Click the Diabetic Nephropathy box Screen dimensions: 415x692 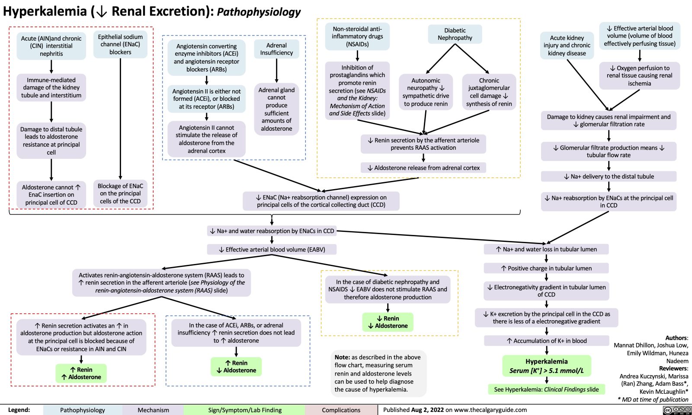tap(455, 34)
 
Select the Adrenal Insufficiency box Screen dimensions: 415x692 tap(276, 49)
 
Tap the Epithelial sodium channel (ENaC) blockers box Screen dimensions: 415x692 tap(120, 45)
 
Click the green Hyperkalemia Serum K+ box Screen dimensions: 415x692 tap(547, 366)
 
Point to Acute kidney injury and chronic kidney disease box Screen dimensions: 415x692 tap(567, 45)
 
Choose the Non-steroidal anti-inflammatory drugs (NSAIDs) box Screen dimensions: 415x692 tap(357, 36)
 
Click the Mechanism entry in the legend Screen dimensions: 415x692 tap(153, 410)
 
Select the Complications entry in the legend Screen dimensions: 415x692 tap(341, 410)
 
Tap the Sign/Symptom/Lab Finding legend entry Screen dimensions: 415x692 tap(245, 410)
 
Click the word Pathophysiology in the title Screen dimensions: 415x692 tap(259, 12)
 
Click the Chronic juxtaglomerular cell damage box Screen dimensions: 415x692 tap(489, 92)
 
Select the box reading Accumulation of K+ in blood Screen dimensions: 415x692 tap(547, 341)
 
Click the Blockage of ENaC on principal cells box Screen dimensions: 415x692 tap(120, 193)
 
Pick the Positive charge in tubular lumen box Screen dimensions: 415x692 tap(547, 268)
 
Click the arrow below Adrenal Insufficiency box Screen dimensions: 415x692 tap(276, 70)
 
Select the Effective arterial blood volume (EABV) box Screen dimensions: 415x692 tap(272, 249)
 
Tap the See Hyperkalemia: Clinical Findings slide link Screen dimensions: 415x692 tap(546, 389)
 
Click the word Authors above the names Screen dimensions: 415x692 tap(676, 338)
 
